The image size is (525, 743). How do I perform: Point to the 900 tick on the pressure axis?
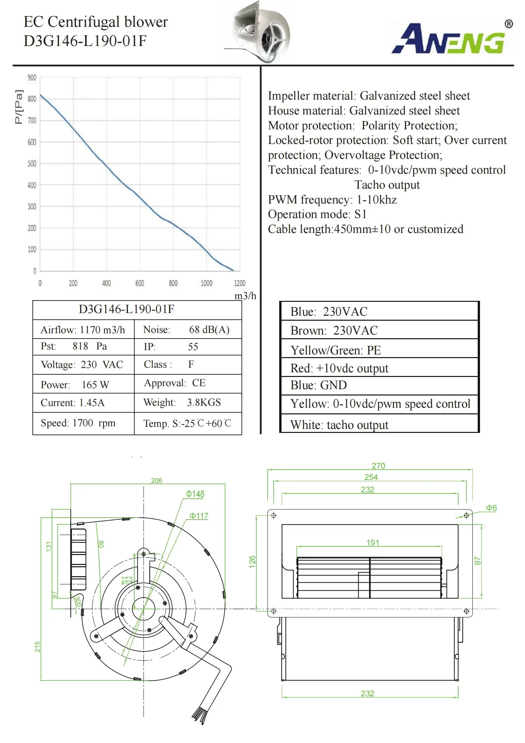point(32,78)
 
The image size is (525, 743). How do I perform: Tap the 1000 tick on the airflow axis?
point(206,283)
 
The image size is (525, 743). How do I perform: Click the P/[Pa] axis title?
point(19,107)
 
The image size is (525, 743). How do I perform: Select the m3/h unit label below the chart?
point(245,296)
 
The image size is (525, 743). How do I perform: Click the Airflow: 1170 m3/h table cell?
point(83,330)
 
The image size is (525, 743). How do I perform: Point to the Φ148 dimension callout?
point(195,494)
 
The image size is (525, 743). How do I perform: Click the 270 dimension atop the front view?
point(378,466)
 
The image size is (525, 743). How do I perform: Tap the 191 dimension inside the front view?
point(372,542)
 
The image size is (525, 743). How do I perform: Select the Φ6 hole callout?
point(491,508)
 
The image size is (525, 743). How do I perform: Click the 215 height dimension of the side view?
point(37,646)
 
